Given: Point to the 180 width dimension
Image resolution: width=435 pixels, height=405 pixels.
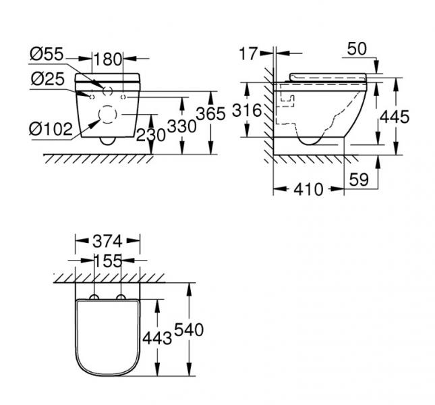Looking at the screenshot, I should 108,58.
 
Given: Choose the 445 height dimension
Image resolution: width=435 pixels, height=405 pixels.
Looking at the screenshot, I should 394,116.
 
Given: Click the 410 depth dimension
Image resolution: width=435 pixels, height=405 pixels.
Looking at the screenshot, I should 309,190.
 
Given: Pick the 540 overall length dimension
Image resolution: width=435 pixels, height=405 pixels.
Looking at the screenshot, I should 189,330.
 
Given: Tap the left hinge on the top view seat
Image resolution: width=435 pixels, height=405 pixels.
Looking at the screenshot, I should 94,298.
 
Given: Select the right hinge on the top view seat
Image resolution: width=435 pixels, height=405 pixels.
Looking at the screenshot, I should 121,298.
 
